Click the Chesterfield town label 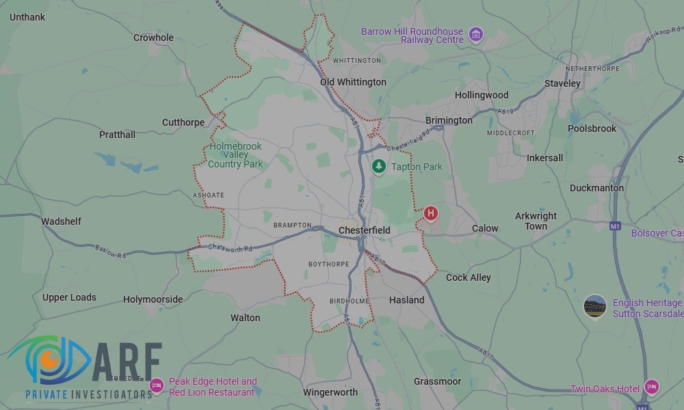click(x=365, y=230)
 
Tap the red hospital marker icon click(x=431, y=214)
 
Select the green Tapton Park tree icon click(x=379, y=166)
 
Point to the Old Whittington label click(x=353, y=82)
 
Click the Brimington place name click(x=449, y=120)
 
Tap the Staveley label click(x=562, y=83)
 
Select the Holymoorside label click(x=153, y=299)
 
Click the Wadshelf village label click(x=61, y=221)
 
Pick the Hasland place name click(x=406, y=300)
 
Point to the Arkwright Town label click(x=536, y=221)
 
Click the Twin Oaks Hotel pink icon click(x=652, y=387)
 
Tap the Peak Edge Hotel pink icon click(x=157, y=387)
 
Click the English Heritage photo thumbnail click(x=595, y=307)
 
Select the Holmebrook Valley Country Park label click(x=235, y=155)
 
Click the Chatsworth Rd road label click(x=230, y=247)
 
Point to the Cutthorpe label click(x=183, y=122)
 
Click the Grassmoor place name click(x=437, y=381)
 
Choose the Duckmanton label click(x=596, y=188)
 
